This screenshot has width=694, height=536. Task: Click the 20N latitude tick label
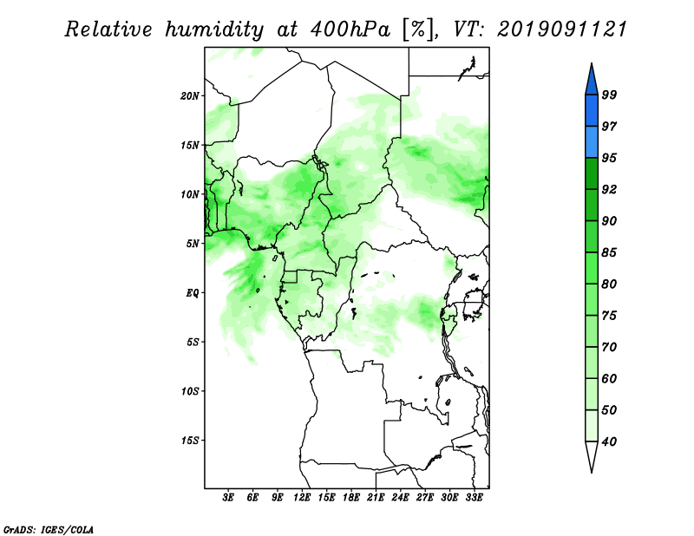click(x=190, y=96)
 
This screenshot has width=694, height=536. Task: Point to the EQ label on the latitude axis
click(x=193, y=293)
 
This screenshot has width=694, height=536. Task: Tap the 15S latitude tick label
click(x=190, y=441)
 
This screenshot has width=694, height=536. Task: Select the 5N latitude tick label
click(x=193, y=244)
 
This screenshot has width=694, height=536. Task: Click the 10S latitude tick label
click(x=190, y=391)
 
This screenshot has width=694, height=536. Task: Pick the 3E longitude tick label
click(x=228, y=498)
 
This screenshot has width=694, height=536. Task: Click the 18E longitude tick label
click(x=351, y=498)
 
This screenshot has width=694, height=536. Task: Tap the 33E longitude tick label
click(x=474, y=498)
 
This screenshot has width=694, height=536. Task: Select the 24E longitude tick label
click(x=400, y=498)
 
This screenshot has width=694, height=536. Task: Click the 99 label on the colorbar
click(x=609, y=95)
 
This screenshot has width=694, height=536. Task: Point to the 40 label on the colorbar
click(x=609, y=441)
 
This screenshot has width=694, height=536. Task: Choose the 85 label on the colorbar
click(x=609, y=252)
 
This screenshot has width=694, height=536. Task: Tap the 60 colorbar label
click(x=609, y=379)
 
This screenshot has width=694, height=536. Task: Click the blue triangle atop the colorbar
click(x=592, y=82)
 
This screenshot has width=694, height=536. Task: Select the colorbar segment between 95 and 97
click(x=592, y=142)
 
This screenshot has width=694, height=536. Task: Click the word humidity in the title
click(x=214, y=30)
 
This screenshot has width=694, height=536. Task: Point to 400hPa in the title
click(x=350, y=29)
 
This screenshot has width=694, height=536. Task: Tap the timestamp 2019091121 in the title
click(x=562, y=29)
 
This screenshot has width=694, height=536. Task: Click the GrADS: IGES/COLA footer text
click(x=49, y=530)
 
